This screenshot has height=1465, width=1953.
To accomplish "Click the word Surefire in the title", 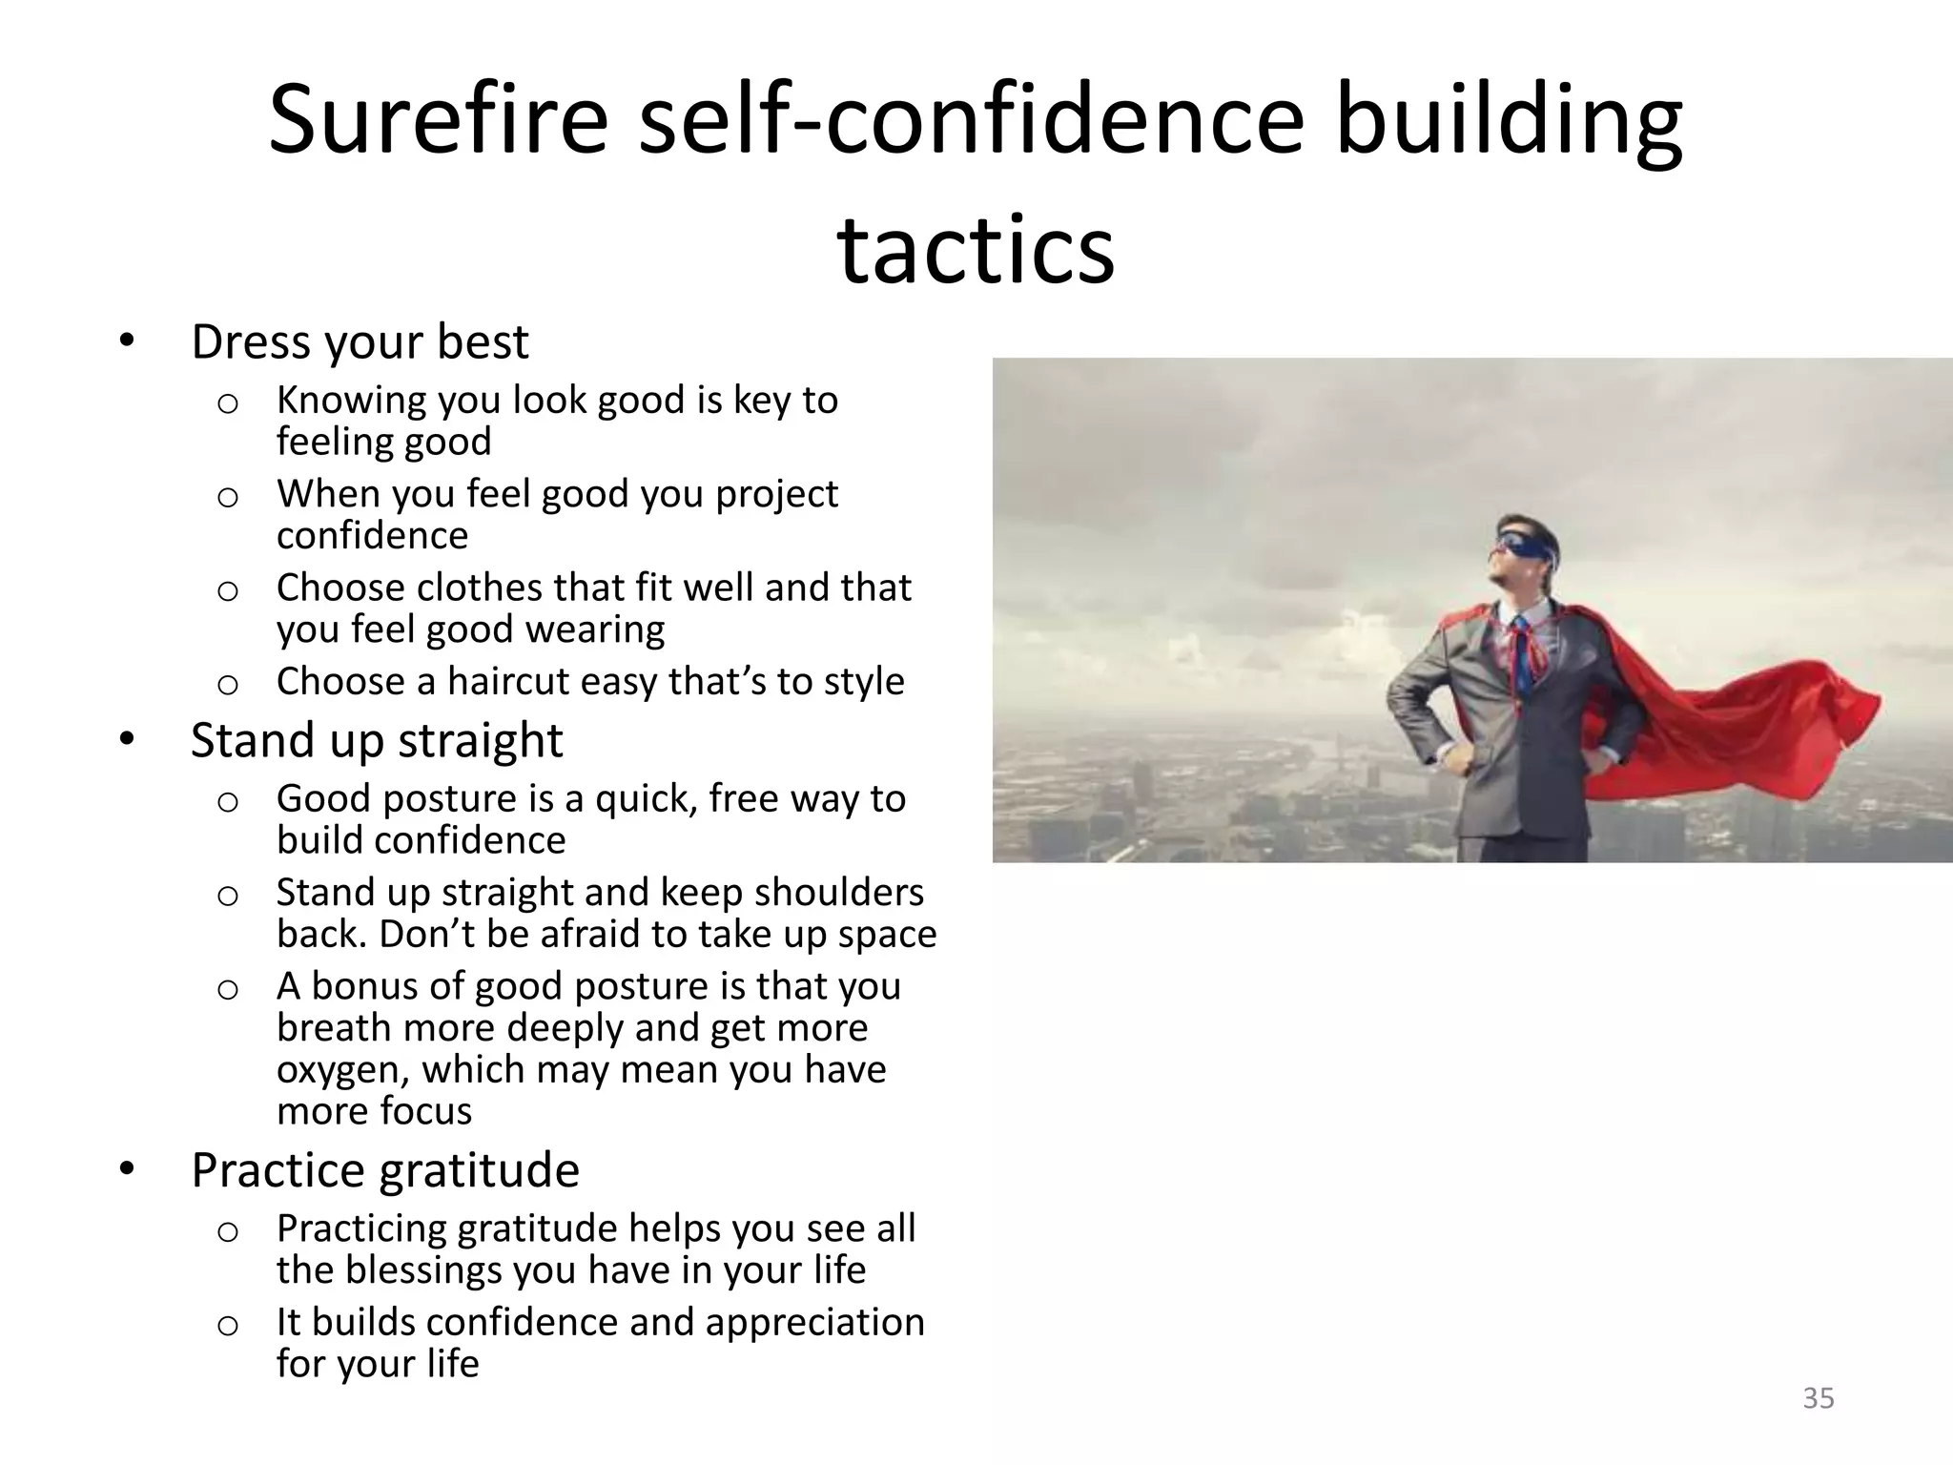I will [x=438, y=122].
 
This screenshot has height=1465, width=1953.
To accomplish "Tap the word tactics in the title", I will [x=976, y=250].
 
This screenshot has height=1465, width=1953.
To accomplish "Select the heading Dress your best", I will [x=360, y=342].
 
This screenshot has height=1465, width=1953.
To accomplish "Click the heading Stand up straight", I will [x=377, y=741].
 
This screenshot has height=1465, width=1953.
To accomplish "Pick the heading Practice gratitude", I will [x=384, y=1170].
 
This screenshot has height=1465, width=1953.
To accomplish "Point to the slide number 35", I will [x=1818, y=1398].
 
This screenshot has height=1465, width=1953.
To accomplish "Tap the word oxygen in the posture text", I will [x=342, y=1070].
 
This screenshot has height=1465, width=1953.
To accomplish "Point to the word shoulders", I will [x=838, y=893].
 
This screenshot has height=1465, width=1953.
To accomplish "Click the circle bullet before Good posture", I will [x=227, y=801].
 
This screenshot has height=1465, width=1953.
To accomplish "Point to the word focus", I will [x=425, y=1112].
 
